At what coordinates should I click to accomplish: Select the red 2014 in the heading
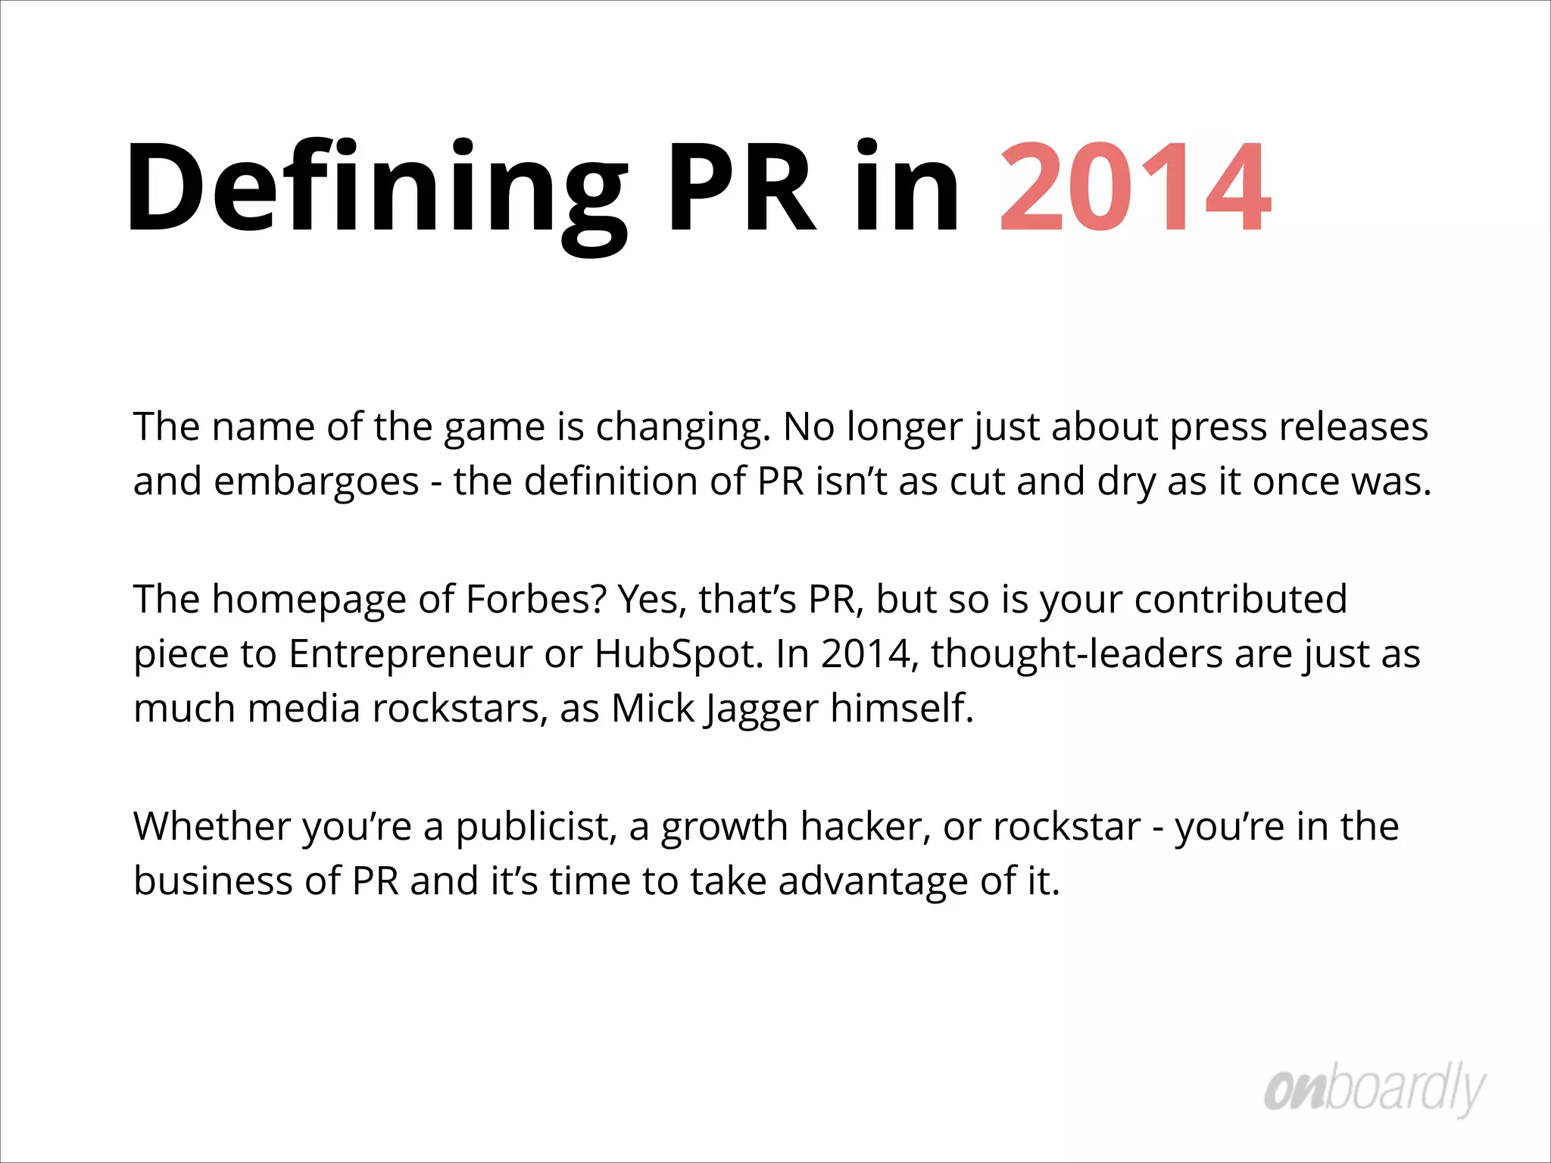click(1135, 188)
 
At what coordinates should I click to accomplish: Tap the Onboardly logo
click(1375, 1090)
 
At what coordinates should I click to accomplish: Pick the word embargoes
click(317, 482)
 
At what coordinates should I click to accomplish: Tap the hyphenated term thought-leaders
click(1077, 653)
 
